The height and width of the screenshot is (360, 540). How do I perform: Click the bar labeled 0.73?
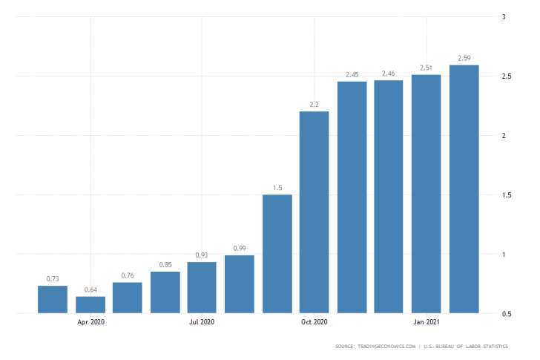(53, 299)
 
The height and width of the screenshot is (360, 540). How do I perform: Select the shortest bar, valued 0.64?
(90, 304)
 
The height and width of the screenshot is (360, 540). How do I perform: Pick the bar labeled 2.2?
(314, 212)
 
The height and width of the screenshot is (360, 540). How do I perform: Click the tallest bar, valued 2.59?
(464, 189)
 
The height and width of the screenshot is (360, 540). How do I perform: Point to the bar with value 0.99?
(240, 284)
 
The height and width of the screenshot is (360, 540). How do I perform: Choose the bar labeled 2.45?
(352, 197)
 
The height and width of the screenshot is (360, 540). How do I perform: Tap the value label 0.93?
(202, 255)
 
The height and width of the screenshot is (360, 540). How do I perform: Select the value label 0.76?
(128, 275)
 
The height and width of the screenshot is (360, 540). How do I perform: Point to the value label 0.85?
(165, 264)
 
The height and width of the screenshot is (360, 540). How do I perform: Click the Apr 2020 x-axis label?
(90, 322)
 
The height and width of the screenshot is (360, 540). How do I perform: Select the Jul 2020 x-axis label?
(202, 322)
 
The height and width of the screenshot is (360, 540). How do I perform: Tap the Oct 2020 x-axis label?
(314, 322)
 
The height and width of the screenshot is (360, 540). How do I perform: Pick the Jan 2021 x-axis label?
(427, 322)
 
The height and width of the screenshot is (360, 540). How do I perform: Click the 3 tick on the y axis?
(504, 16)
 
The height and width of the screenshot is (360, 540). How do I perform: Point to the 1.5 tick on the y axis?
(507, 195)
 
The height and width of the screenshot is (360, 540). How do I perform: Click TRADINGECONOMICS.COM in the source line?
(386, 347)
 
